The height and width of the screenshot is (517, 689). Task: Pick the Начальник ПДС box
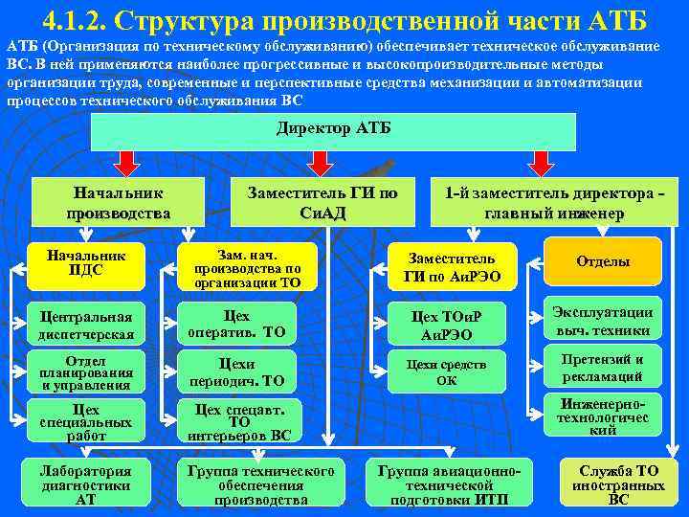click(85, 263)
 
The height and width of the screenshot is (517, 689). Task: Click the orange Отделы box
click(603, 262)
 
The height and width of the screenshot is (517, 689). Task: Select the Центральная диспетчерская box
click(85, 325)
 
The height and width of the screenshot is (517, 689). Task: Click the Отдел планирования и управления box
click(85, 372)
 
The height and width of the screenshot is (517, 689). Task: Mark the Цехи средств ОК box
click(446, 371)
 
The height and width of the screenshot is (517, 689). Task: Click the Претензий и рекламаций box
click(603, 368)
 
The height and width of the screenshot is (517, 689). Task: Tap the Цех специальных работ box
click(85, 422)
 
